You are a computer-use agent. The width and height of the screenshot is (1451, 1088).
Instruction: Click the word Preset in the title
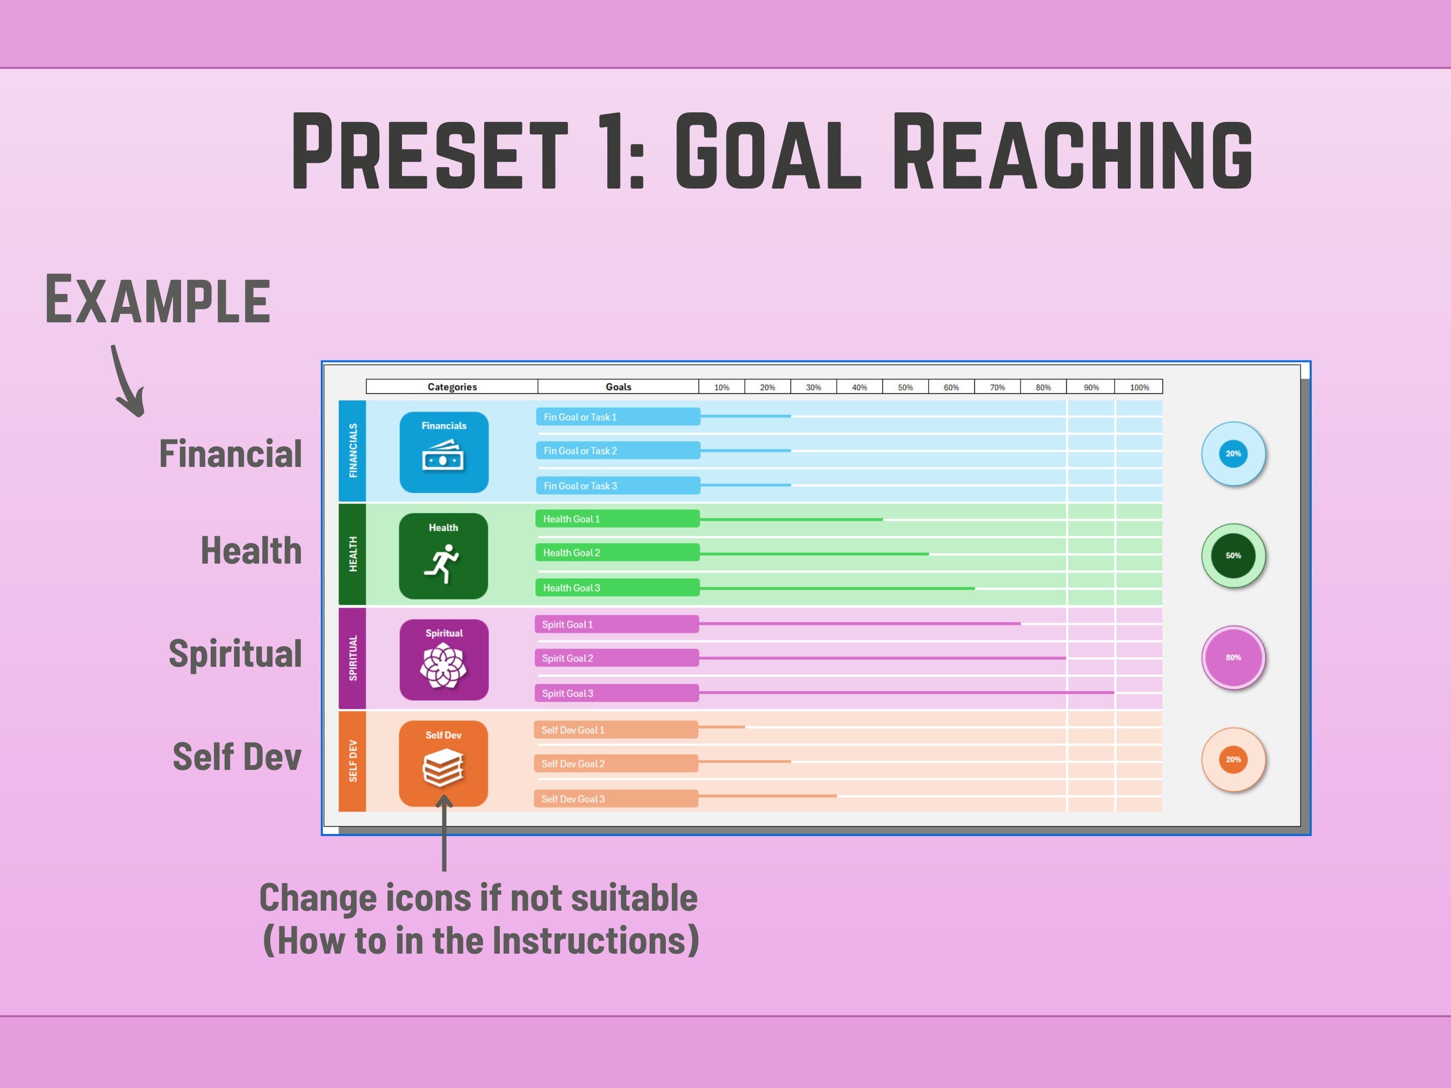(430, 152)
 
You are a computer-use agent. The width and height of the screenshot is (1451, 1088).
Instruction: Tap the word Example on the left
(157, 299)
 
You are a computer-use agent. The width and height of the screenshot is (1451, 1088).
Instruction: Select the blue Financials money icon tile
(444, 452)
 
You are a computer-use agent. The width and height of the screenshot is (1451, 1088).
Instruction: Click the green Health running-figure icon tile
(443, 556)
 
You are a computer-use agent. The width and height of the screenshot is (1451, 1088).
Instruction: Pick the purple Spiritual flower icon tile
(444, 659)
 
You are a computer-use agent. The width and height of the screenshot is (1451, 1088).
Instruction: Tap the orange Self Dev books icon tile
(443, 763)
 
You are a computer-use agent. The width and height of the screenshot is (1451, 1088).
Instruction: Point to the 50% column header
(905, 387)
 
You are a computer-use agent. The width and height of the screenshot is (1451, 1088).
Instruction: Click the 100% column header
(1139, 387)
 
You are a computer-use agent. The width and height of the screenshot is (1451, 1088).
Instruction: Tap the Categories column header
(452, 387)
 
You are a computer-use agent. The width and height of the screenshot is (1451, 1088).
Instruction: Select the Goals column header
(618, 387)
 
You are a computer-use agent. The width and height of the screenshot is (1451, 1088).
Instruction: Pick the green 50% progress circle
(1233, 556)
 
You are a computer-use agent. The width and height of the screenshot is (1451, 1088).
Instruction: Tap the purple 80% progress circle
(1233, 657)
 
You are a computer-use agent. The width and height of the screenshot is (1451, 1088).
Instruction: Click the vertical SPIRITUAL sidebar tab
(352, 658)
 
